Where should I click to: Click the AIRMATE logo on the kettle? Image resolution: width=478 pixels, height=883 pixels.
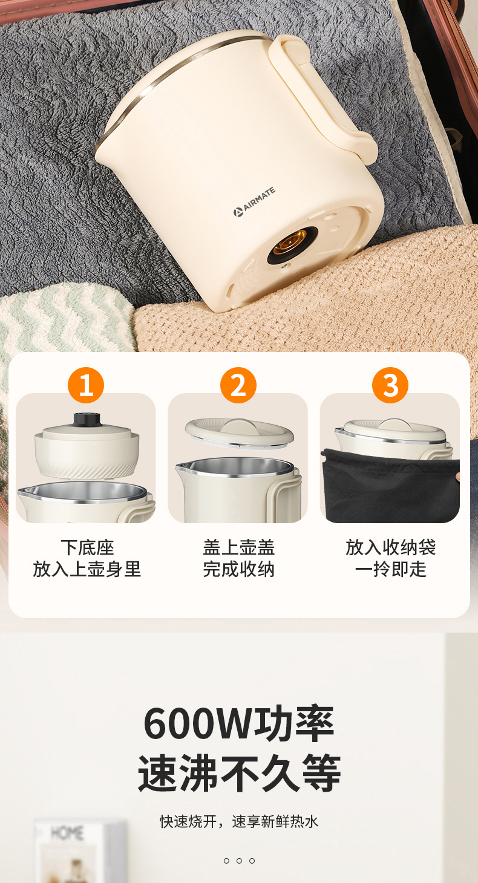pyautogui.click(x=254, y=202)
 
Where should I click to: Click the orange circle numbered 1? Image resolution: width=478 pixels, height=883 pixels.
pyautogui.click(x=86, y=385)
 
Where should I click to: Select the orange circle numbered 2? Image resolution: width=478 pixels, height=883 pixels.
pyautogui.click(x=238, y=385)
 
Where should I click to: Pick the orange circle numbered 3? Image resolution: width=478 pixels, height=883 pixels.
pyautogui.click(x=390, y=385)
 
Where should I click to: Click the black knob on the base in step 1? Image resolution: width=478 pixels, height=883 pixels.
pyautogui.click(x=87, y=420)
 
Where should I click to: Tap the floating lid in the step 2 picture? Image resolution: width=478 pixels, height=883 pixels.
pyautogui.click(x=240, y=432)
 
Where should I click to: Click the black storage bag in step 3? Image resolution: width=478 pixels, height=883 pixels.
pyautogui.click(x=390, y=485)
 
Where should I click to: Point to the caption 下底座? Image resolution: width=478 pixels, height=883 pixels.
pyautogui.click(x=87, y=547)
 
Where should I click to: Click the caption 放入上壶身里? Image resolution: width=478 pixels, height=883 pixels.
pyautogui.click(x=87, y=569)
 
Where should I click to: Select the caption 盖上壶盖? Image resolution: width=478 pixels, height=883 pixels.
pyautogui.click(x=239, y=547)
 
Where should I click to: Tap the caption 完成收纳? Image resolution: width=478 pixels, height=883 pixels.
pyautogui.click(x=239, y=569)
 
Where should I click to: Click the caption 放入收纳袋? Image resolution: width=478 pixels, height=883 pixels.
pyautogui.click(x=391, y=547)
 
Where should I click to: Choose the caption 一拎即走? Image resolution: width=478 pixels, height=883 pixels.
pyautogui.click(x=391, y=569)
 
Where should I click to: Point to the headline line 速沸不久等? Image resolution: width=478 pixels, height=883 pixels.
pyautogui.click(x=239, y=773)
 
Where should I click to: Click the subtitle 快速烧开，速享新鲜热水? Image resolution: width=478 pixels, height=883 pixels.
pyautogui.click(x=239, y=821)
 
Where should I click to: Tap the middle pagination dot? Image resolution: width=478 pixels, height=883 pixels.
pyautogui.click(x=239, y=861)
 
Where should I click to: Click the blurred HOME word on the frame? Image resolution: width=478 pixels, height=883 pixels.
pyautogui.click(x=67, y=833)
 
